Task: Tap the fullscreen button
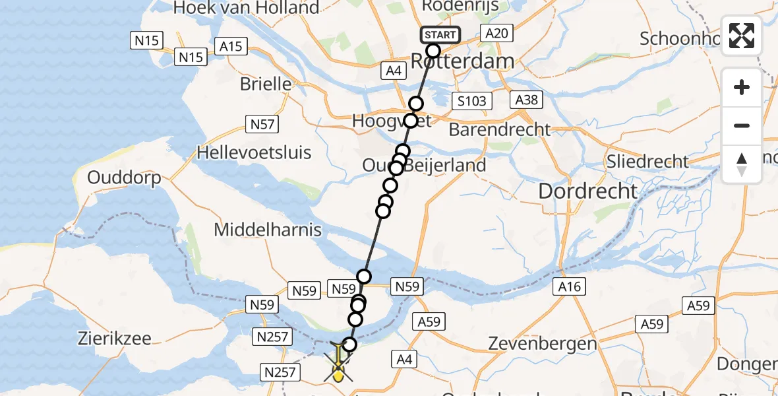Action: tap(742, 36)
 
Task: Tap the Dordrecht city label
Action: tap(588, 191)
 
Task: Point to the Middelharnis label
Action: tap(268, 230)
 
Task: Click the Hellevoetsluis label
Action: tap(254, 152)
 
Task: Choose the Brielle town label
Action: tap(266, 84)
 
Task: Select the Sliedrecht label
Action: tap(648, 161)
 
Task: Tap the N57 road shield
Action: tap(262, 123)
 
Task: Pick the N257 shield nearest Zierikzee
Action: tap(272, 337)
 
